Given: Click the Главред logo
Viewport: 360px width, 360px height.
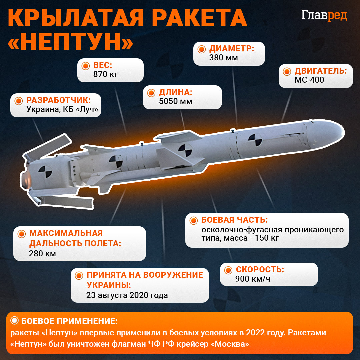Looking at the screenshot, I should click(324, 16).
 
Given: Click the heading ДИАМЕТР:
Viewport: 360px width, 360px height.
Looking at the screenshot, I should click(232, 49).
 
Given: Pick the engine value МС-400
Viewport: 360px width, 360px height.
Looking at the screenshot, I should click(309, 80).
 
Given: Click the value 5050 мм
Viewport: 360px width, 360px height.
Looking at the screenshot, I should click(176, 101).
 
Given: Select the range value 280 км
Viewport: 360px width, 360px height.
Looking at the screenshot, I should click(43, 253).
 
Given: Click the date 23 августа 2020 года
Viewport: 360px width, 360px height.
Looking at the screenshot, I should click(127, 295).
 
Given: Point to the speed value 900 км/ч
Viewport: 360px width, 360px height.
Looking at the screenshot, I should click(253, 279).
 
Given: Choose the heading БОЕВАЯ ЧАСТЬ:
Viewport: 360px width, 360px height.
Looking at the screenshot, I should click(235, 220).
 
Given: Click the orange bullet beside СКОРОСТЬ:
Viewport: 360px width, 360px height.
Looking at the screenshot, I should click(228, 270).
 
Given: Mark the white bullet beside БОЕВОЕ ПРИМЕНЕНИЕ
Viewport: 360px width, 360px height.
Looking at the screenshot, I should click(15, 321).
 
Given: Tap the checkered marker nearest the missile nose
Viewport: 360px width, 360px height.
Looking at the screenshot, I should click(255, 140).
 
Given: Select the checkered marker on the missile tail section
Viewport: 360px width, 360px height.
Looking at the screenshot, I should click(45, 172).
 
